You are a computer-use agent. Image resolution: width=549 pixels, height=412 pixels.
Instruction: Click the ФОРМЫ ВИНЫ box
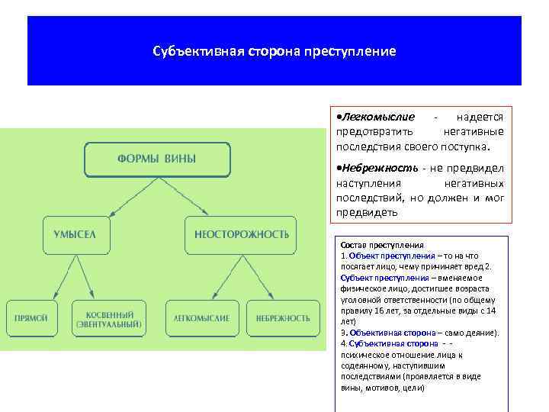point(156,159)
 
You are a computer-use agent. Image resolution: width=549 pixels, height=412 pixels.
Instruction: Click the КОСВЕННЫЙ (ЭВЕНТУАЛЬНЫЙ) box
point(108,318)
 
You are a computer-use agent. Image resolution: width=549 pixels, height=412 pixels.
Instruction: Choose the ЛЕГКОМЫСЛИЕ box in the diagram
point(201,317)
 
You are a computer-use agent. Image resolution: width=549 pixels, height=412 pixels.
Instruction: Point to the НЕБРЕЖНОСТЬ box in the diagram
point(282,317)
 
